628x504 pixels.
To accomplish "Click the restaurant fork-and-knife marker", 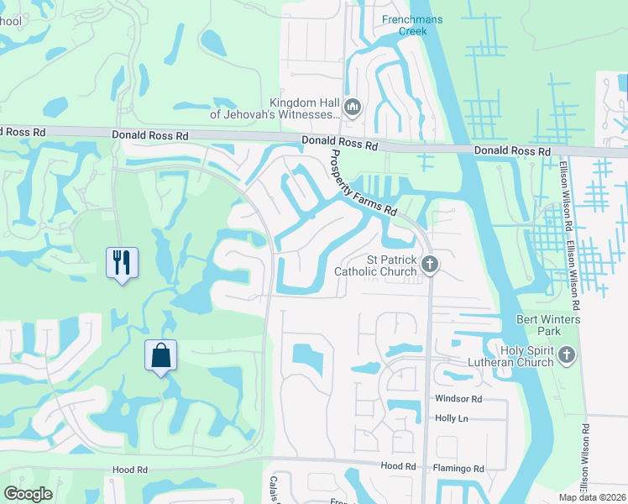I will coord(122,262).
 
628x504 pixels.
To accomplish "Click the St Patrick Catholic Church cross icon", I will coord(430,265).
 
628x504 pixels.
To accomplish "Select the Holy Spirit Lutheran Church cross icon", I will coord(567,354).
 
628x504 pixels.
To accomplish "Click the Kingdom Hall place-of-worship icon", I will coord(353,107).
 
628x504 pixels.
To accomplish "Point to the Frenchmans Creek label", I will coord(411,24).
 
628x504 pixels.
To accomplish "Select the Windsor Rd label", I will coord(458,398).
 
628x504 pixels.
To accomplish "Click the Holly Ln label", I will coord(453,418).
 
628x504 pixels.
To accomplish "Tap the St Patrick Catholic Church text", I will coord(375,265).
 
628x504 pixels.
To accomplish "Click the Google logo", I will coord(28,494).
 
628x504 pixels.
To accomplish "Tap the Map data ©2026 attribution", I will coord(592,497).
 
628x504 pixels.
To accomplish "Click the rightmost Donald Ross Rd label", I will coord(512,151).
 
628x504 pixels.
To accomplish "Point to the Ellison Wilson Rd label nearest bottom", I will coord(584,458).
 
